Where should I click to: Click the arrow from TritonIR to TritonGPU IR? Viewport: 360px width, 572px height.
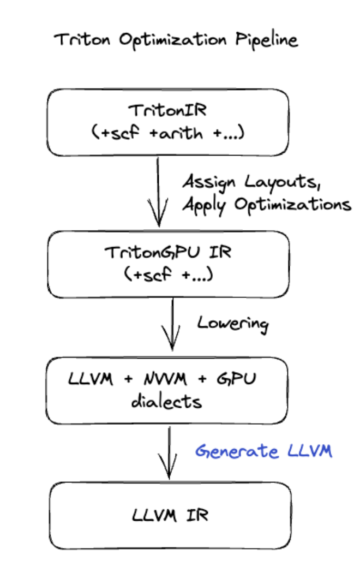tap(158, 191)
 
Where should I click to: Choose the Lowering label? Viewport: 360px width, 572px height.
tap(233, 323)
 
